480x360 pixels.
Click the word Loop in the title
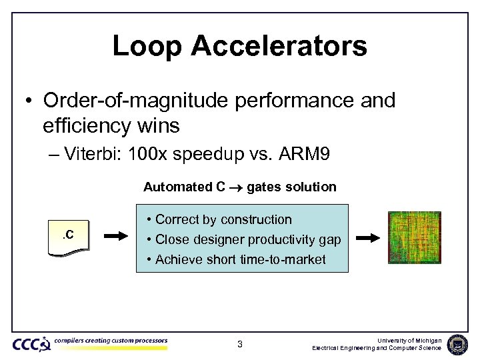[x=147, y=46]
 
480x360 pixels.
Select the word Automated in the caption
[x=178, y=187]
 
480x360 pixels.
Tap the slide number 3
[x=240, y=345]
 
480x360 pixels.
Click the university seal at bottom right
[x=458, y=344]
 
